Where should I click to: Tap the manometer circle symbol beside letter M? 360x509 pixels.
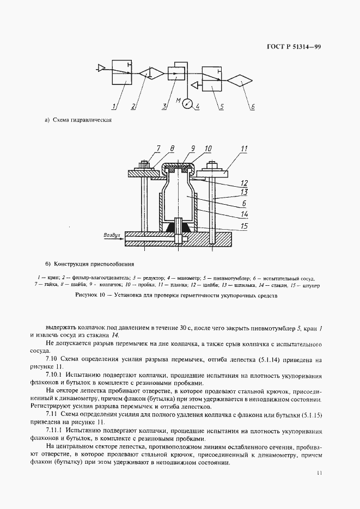coord(188,102)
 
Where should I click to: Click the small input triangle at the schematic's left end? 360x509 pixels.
coord(100,68)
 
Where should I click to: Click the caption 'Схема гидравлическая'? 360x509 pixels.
coord(82,120)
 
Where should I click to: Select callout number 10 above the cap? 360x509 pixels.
coord(208,148)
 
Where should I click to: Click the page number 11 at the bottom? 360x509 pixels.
coord(318,473)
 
